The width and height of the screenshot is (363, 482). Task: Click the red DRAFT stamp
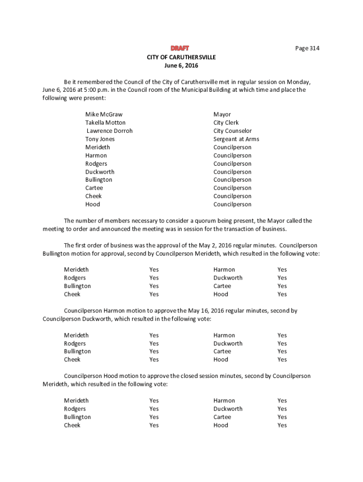click(x=180, y=48)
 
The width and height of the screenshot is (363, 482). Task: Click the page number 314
click(x=307, y=48)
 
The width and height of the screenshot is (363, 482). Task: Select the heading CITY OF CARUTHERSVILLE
click(x=181, y=57)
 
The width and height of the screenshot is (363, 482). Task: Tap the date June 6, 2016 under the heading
click(x=181, y=65)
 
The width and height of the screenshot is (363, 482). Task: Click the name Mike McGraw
click(x=104, y=114)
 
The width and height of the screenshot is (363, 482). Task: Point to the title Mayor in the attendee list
click(x=222, y=114)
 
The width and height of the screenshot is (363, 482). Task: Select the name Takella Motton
click(x=106, y=123)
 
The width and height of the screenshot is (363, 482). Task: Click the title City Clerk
click(x=226, y=123)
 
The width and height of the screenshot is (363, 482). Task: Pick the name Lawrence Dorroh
click(x=110, y=131)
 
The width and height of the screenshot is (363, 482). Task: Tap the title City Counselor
click(x=232, y=131)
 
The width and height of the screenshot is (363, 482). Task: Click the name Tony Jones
click(x=100, y=139)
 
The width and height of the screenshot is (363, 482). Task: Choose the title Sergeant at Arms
click(x=236, y=139)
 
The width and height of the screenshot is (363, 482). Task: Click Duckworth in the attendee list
click(x=100, y=172)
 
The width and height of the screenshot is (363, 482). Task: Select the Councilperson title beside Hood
click(x=232, y=204)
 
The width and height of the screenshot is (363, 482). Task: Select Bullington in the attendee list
click(x=99, y=180)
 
